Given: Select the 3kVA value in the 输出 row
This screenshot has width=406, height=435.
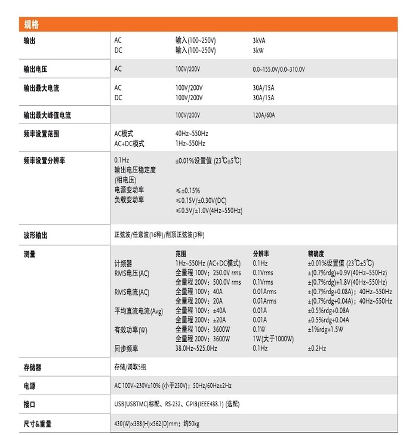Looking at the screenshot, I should click(259, 41).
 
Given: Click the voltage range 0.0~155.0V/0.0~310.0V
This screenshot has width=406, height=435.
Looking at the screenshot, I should click(279, 69).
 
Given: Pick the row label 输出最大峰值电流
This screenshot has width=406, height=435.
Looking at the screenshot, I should click(51, 115).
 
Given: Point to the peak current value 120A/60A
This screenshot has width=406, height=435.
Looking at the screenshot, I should click(264, 115).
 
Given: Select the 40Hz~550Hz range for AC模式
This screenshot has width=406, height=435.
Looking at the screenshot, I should click(192, 134).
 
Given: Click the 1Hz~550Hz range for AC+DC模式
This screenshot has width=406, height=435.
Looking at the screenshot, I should click(190, 143).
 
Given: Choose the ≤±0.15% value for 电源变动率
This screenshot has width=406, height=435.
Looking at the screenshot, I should click(187, 190).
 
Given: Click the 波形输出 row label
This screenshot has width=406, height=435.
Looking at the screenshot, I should click(35, 235).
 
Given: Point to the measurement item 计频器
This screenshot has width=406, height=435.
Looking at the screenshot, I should click(123, 263).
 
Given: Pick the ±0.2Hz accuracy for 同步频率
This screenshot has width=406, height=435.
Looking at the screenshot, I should click(316, 348).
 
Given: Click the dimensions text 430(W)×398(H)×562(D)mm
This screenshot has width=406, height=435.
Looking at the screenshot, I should click(147, 424).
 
